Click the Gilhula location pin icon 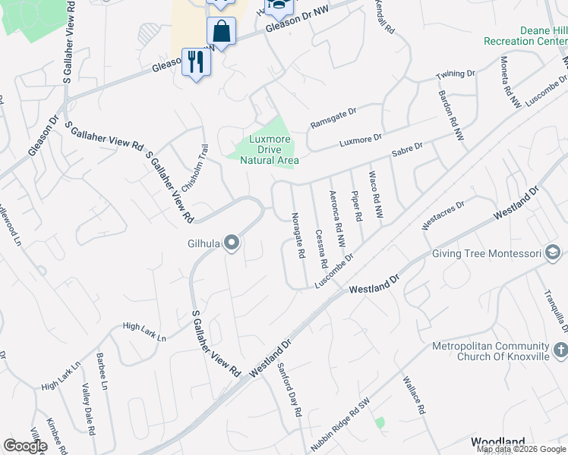[232, 243]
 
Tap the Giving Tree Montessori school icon [554, 253]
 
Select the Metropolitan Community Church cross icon [560, 350]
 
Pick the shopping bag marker [221, 33]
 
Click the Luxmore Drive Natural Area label [270, 149]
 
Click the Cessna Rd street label [321, 249]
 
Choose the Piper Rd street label [356, 205]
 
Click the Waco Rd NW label [376, 196]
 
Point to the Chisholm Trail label [194, 168]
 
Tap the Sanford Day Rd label [289, 389]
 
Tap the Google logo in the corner [25, 446]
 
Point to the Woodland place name [498, 441]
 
